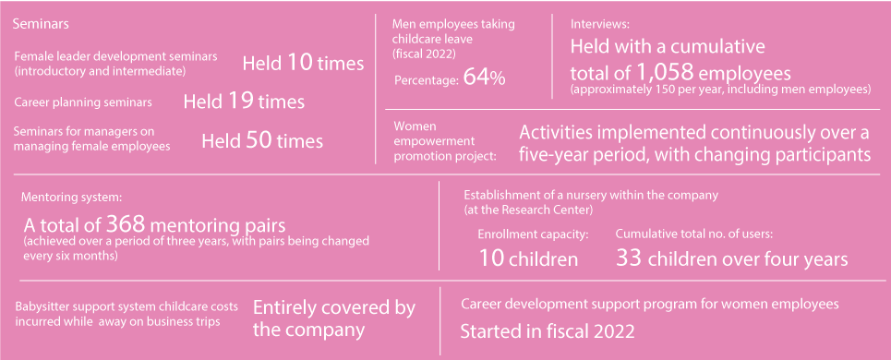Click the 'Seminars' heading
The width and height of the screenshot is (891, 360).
tap(42, 22)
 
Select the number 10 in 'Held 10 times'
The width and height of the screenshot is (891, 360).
tap(299, 64)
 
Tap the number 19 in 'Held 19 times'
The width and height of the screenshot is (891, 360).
tap(241, 102)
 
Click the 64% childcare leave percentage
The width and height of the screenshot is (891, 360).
tap(484, 78)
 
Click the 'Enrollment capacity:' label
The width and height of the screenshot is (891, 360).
tap(533, 234)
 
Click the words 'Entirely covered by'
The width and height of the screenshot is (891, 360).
tap(333, 308)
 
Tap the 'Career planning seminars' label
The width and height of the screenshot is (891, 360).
tap(83, 102)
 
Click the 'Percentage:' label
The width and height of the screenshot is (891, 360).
tap(427, 81)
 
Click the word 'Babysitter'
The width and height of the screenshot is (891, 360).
tap(44, 306)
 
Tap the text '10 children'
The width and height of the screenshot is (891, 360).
tap(528, 259)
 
